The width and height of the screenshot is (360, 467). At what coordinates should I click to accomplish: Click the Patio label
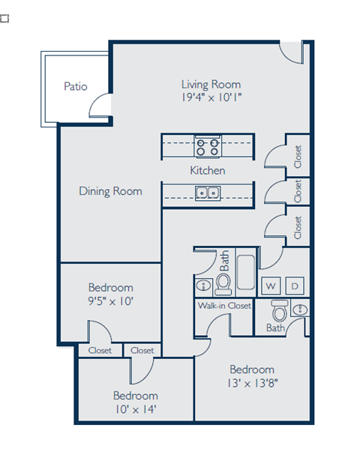(x=75, y=86)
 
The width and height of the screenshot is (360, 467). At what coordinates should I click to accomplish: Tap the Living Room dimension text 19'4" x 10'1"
(x=211, y=97)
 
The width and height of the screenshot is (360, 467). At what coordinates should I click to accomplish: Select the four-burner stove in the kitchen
(x=207, y=145)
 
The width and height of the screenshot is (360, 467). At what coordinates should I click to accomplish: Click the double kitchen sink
(x=207, y=193)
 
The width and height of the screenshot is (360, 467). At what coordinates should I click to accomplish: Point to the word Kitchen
(x=207, y=170)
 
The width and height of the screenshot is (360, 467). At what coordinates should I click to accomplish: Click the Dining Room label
(x=110, y=191)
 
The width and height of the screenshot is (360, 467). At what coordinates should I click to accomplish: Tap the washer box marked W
(x=270, y=286)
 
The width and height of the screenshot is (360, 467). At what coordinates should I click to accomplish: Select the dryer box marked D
(x=295, y=286)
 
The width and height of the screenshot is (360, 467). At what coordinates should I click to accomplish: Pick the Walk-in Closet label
(x=223, y=306)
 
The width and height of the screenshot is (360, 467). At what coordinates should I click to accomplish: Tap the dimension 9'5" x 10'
(x=110, y=301)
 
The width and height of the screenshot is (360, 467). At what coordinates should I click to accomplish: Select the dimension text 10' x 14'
(x=135, y=409)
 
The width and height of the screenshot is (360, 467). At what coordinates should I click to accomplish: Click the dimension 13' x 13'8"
(x=251, y=382)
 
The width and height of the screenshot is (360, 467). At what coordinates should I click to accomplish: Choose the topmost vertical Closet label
(x=298, y=156)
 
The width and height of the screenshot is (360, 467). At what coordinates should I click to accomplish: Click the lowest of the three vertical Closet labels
(x=298, y=227)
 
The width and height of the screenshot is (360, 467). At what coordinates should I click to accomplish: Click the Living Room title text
(x=211, y=84)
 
